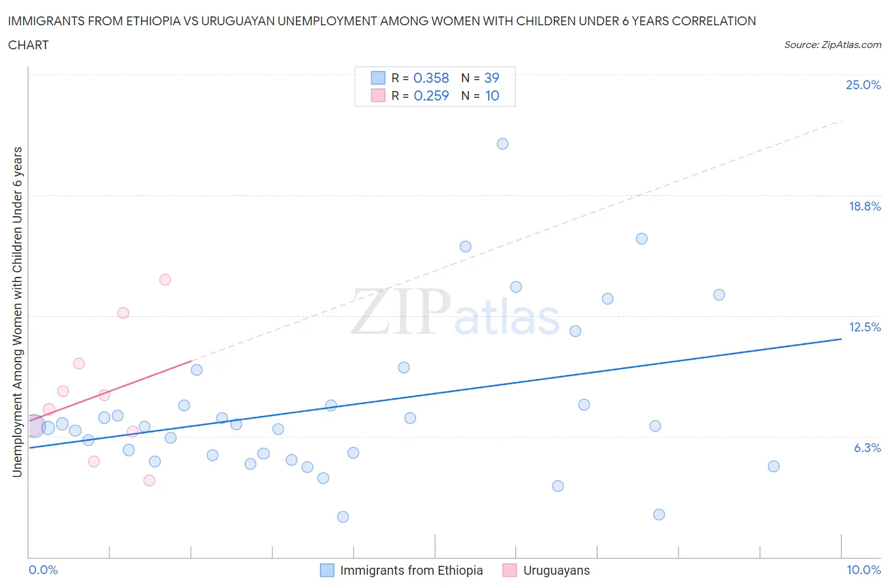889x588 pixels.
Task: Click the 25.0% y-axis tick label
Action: click(863, 85)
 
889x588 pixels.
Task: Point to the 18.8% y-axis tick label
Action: click(864, 206)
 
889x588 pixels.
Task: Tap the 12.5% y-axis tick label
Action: click(864, 327)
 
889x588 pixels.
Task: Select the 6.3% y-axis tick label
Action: click(867, 448)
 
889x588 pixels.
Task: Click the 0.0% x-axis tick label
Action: click(43, 570)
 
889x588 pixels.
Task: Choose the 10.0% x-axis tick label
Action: click(863, 570)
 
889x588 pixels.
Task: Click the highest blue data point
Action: click(503, 144)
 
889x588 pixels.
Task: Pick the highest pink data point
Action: click(165, 279)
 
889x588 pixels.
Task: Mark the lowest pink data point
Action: click(149, 481)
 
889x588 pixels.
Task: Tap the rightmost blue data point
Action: click(773, 466)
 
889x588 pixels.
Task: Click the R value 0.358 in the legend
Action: click(431, 78)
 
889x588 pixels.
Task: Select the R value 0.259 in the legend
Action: click(431, 95)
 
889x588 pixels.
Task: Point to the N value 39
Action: click(491, 78)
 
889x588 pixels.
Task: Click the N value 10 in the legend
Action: click(492, 95)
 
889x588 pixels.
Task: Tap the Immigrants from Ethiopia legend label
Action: click(411, 570)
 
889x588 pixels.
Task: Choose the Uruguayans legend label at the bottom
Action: click(556, 570)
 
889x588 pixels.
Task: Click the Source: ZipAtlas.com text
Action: click(832, 45)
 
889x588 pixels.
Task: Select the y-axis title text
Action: click(17, 312)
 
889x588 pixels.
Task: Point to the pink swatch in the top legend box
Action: click(377, 95)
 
